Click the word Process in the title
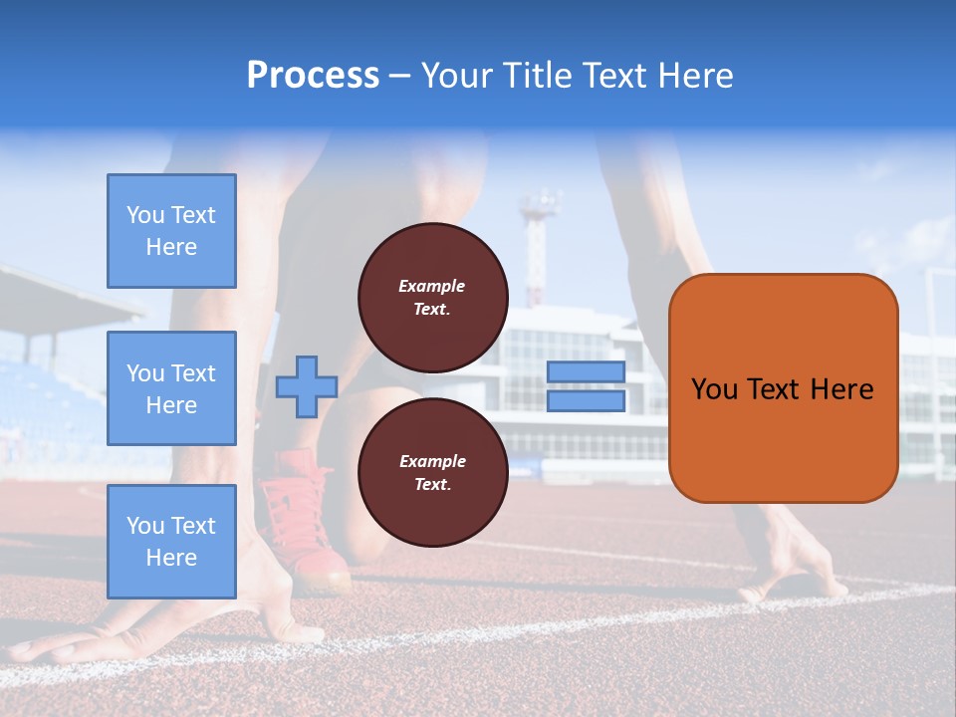click(313, 76)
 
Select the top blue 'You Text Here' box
click(171, 231)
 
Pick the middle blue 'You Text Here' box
click(171, 388)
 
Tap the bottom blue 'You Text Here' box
click(171, 541)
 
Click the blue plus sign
click(306, 387)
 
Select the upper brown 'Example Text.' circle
click(432, 298)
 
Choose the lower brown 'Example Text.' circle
click(432, 473)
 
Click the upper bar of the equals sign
click(586, 372)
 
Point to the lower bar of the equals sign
click(586, 401)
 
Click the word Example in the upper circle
click(431, 287)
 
